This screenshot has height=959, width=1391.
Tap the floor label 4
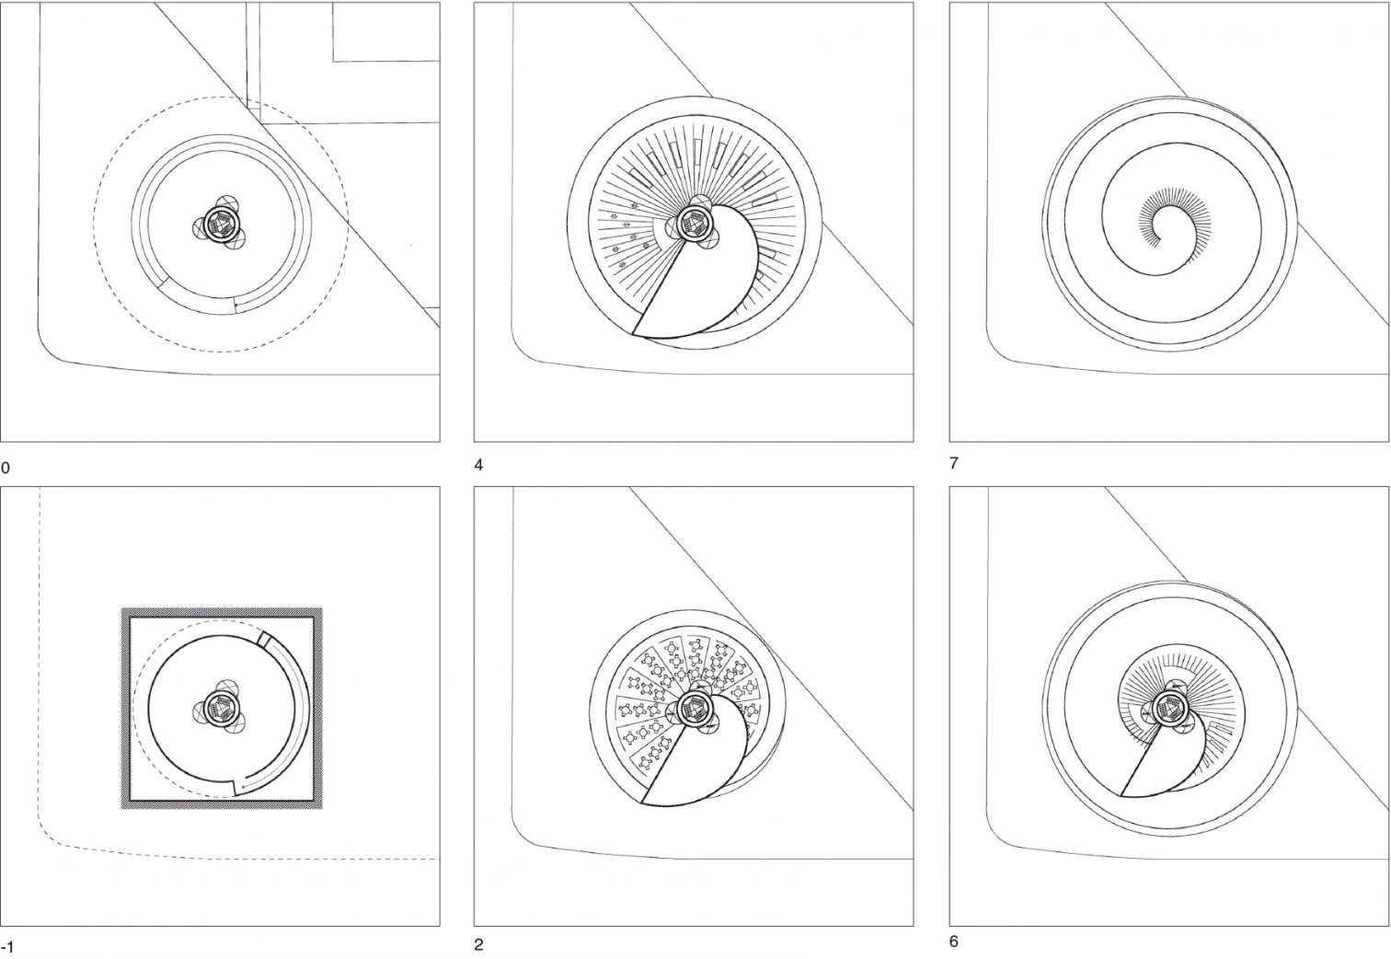pyautogui.click(x=478, y=465)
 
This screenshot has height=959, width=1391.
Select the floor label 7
pyautogui.click(x=954, y=463)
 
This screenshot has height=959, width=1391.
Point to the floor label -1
pyautogui.click(x=7, y=948)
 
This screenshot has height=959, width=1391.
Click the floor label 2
pyautogui.click(x=478, y=945)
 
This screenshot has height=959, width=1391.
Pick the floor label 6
pyautogui.click(x=954, y=942)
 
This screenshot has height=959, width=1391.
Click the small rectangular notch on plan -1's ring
pyautogui.click(x=264, y=639)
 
